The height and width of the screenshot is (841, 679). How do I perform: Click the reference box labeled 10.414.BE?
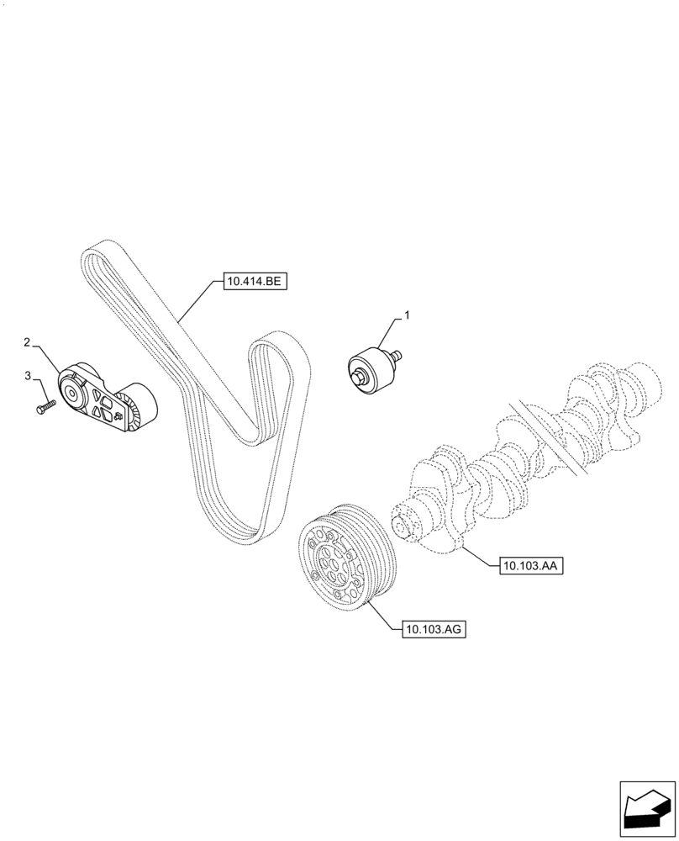tap(255, 283)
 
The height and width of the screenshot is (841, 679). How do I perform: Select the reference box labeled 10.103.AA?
tap(530, 567)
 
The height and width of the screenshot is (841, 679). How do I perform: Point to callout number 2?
tap(27, 342)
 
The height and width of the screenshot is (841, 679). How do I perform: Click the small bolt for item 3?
tap(44, 407)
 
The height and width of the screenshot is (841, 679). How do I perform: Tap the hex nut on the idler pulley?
tap(359, 378)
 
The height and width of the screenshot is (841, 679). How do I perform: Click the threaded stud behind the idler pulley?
tap(396, 355)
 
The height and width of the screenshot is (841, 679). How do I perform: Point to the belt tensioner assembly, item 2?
tap(105, 400)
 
